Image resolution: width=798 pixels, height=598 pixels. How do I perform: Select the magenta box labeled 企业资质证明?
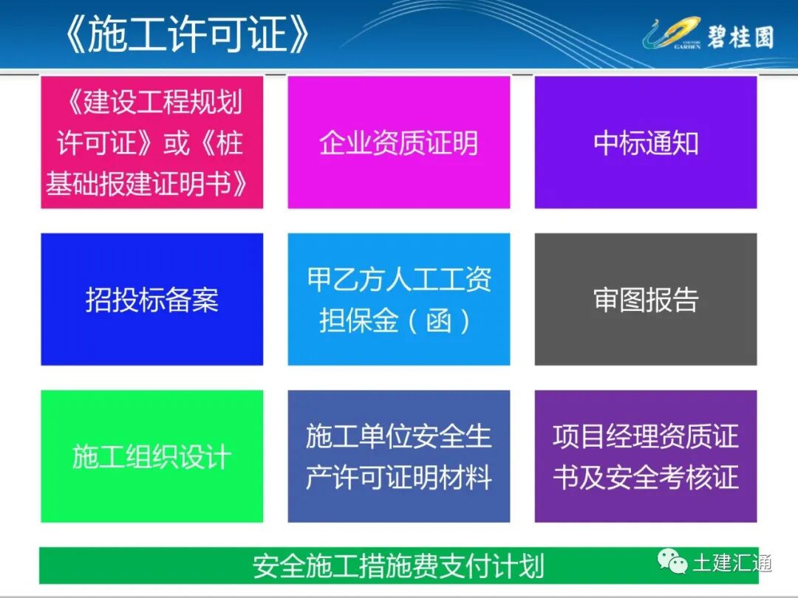click(x=398, y=142)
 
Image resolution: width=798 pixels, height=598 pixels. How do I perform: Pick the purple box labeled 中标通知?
click(x=645, y=142)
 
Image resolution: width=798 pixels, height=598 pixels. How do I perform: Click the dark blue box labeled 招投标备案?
click(x=151, y=300)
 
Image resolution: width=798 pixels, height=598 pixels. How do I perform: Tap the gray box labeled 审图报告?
click(x=645, y=300)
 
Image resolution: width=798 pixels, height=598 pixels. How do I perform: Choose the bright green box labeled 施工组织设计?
click(x=151, y=457)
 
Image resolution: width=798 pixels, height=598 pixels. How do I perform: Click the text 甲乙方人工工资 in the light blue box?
click(x=398, y=280)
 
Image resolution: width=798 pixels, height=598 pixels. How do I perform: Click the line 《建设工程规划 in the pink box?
click(x=151, y=103)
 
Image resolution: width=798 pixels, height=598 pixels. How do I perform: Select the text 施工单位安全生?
click(x=398, y=436)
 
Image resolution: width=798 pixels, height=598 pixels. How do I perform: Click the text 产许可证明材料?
click(x=398, y=478)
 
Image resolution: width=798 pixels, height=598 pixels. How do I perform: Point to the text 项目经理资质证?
click(x=645, y=436)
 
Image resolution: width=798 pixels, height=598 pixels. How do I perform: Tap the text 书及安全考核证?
click(x=645, y=478)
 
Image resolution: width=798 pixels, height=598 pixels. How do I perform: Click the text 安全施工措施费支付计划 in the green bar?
click(x=398, y=566)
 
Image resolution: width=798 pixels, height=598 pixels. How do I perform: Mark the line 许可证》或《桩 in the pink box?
click(x=151, y=143)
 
